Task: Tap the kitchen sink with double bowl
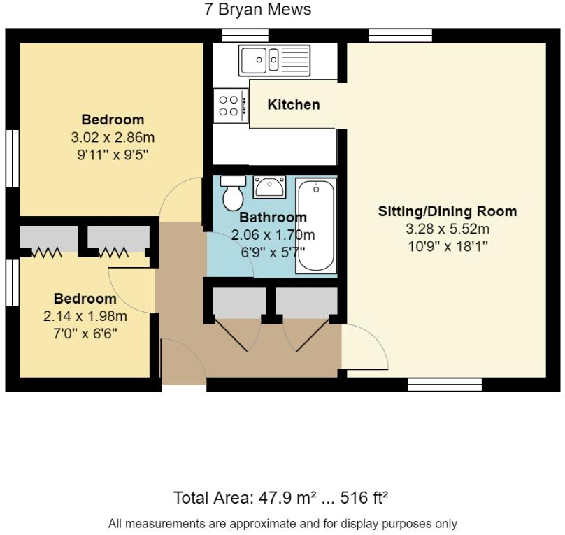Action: tap(273, 60)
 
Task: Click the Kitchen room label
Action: tap(294, 105)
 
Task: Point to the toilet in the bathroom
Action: tap(234, 193)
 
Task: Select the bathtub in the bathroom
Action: tap(316, 226)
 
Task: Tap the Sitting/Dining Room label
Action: tap(448, 211)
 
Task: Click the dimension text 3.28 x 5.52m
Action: tap(448, 229)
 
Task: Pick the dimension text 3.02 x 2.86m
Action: tap(113, 136)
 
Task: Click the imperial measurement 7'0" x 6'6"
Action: tap(86, 334)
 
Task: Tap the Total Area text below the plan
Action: tap(280, 498)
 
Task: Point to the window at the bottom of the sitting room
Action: tap(445, 384)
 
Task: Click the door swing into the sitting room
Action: tap(364, 348)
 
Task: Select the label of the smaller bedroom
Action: tap(85, 299)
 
